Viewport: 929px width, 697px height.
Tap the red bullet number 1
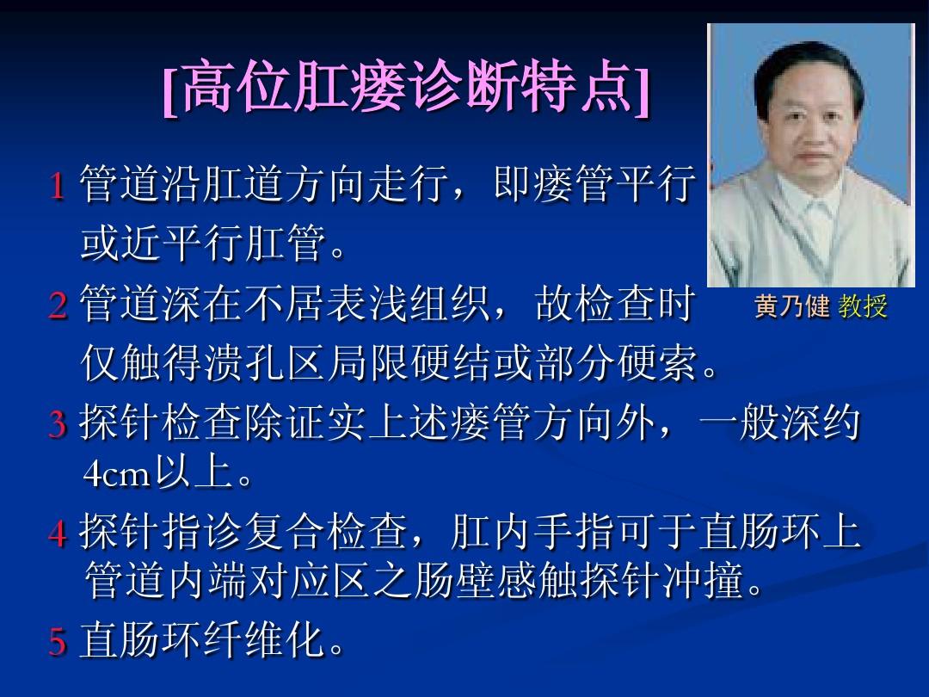[58, 187]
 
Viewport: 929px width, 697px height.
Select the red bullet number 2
[58, 306]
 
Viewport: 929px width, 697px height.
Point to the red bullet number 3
[58, 425]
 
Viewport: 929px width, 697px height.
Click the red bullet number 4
[58, 534]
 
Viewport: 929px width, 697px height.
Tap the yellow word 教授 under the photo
[863, 307]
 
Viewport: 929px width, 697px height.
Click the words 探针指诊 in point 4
[159, 534]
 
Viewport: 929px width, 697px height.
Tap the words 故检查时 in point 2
[616, 305]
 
